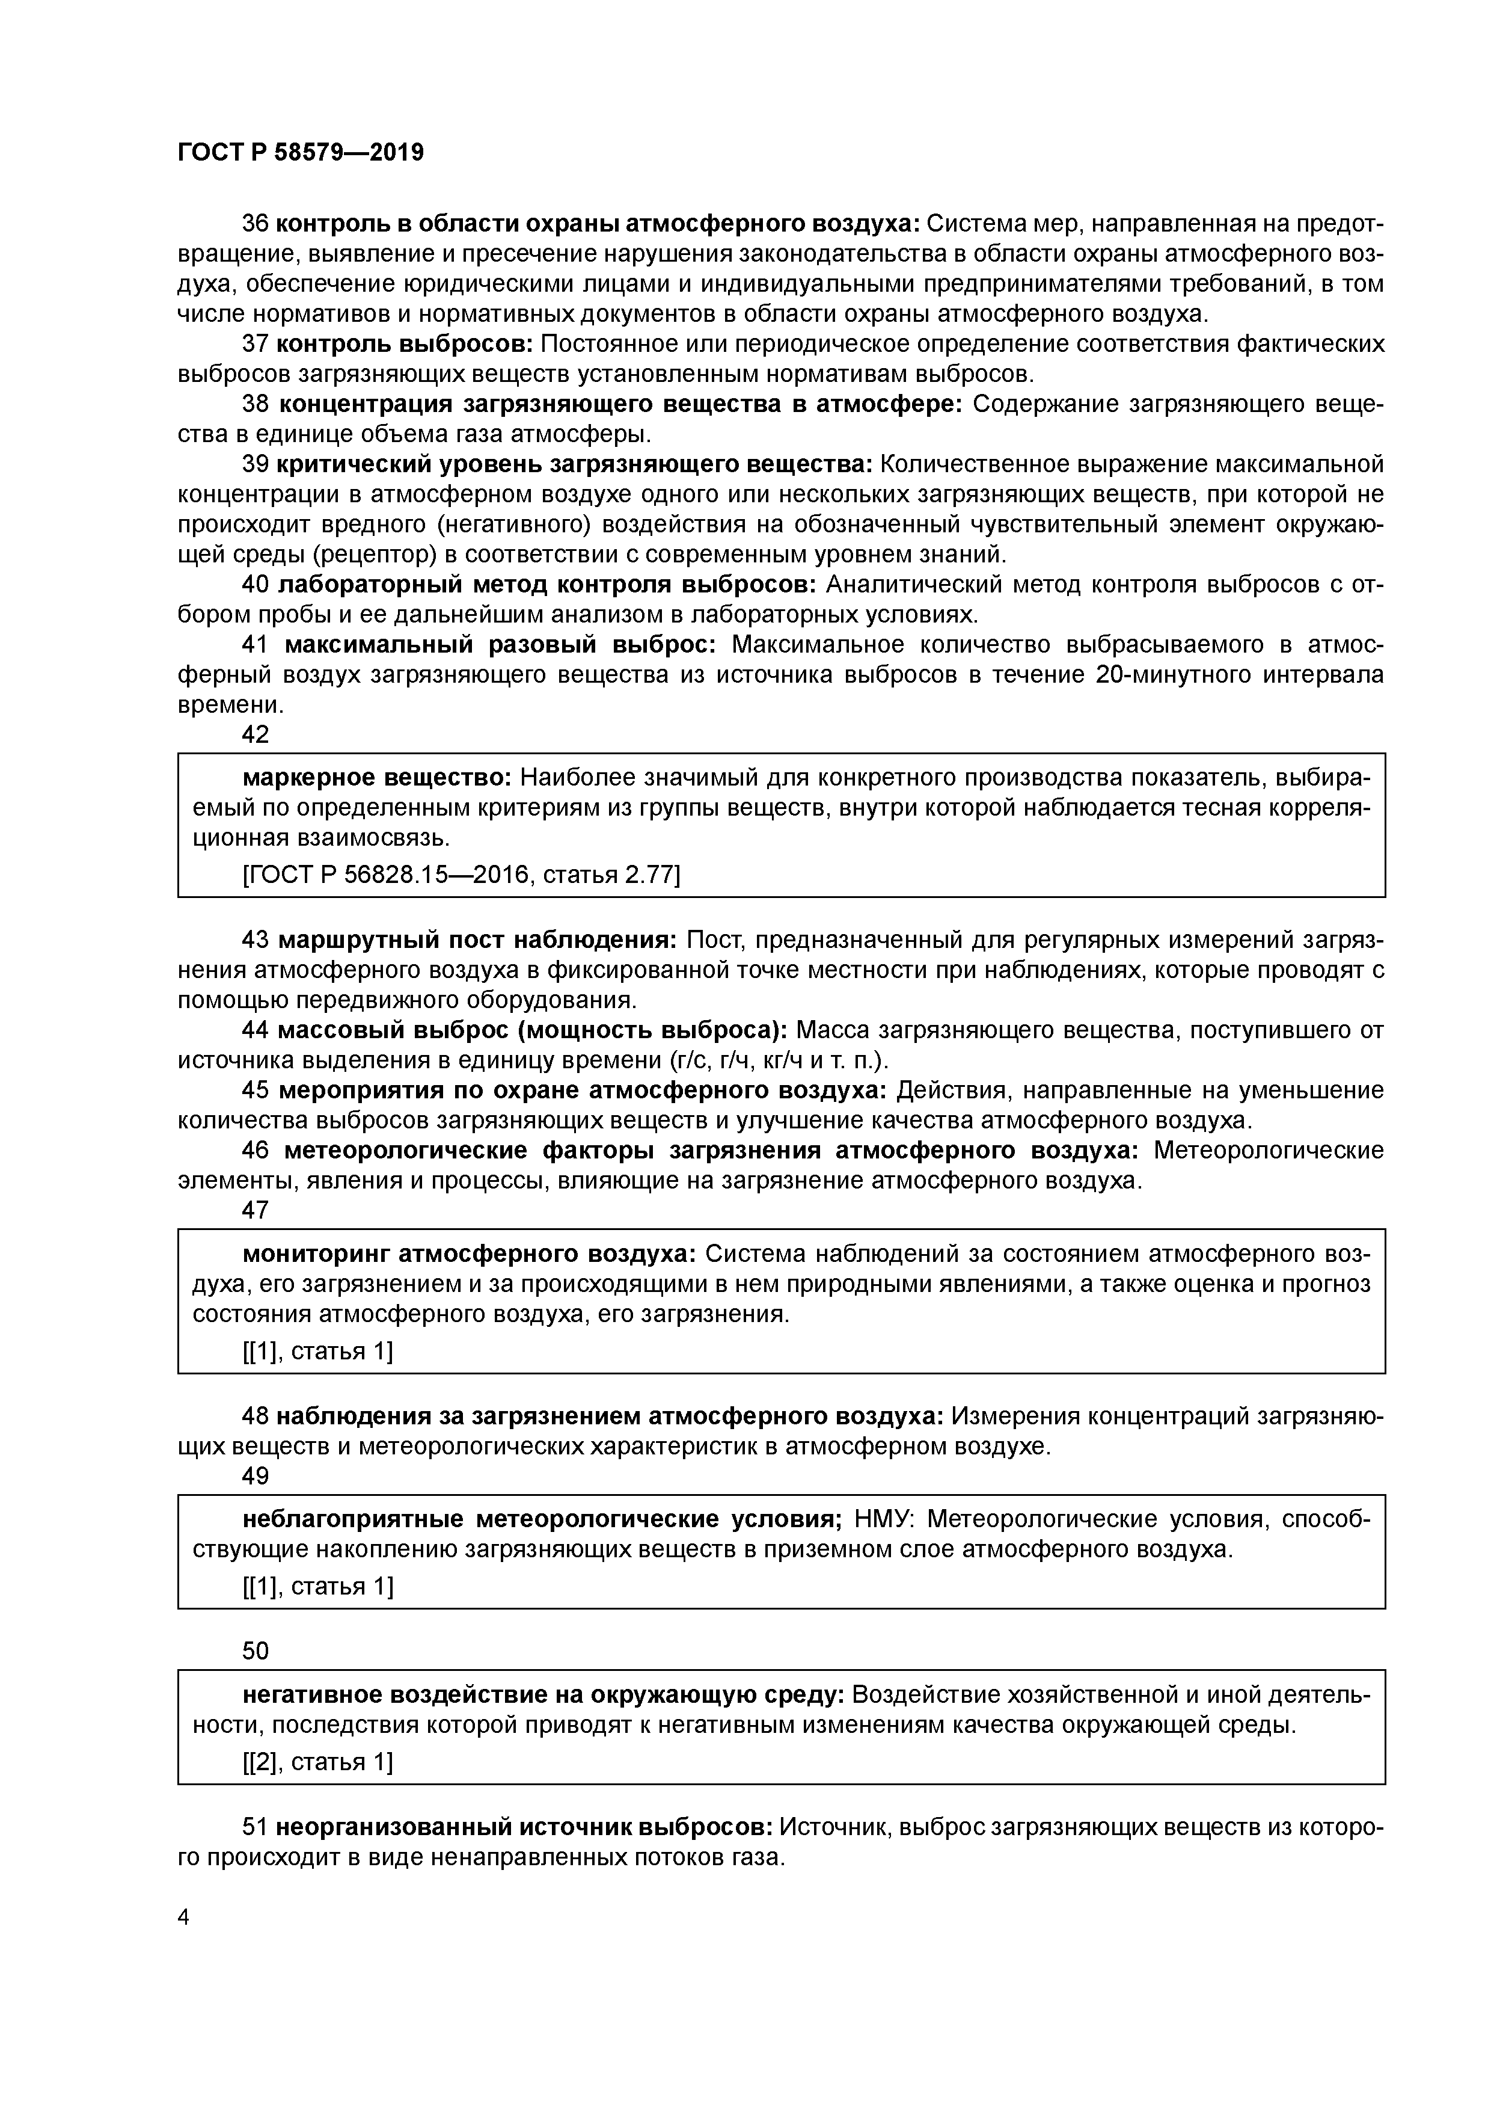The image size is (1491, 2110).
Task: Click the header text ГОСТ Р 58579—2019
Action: (301, 153)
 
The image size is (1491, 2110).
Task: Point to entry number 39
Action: (254, 464)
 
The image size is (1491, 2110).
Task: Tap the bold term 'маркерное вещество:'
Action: (376, 778)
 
